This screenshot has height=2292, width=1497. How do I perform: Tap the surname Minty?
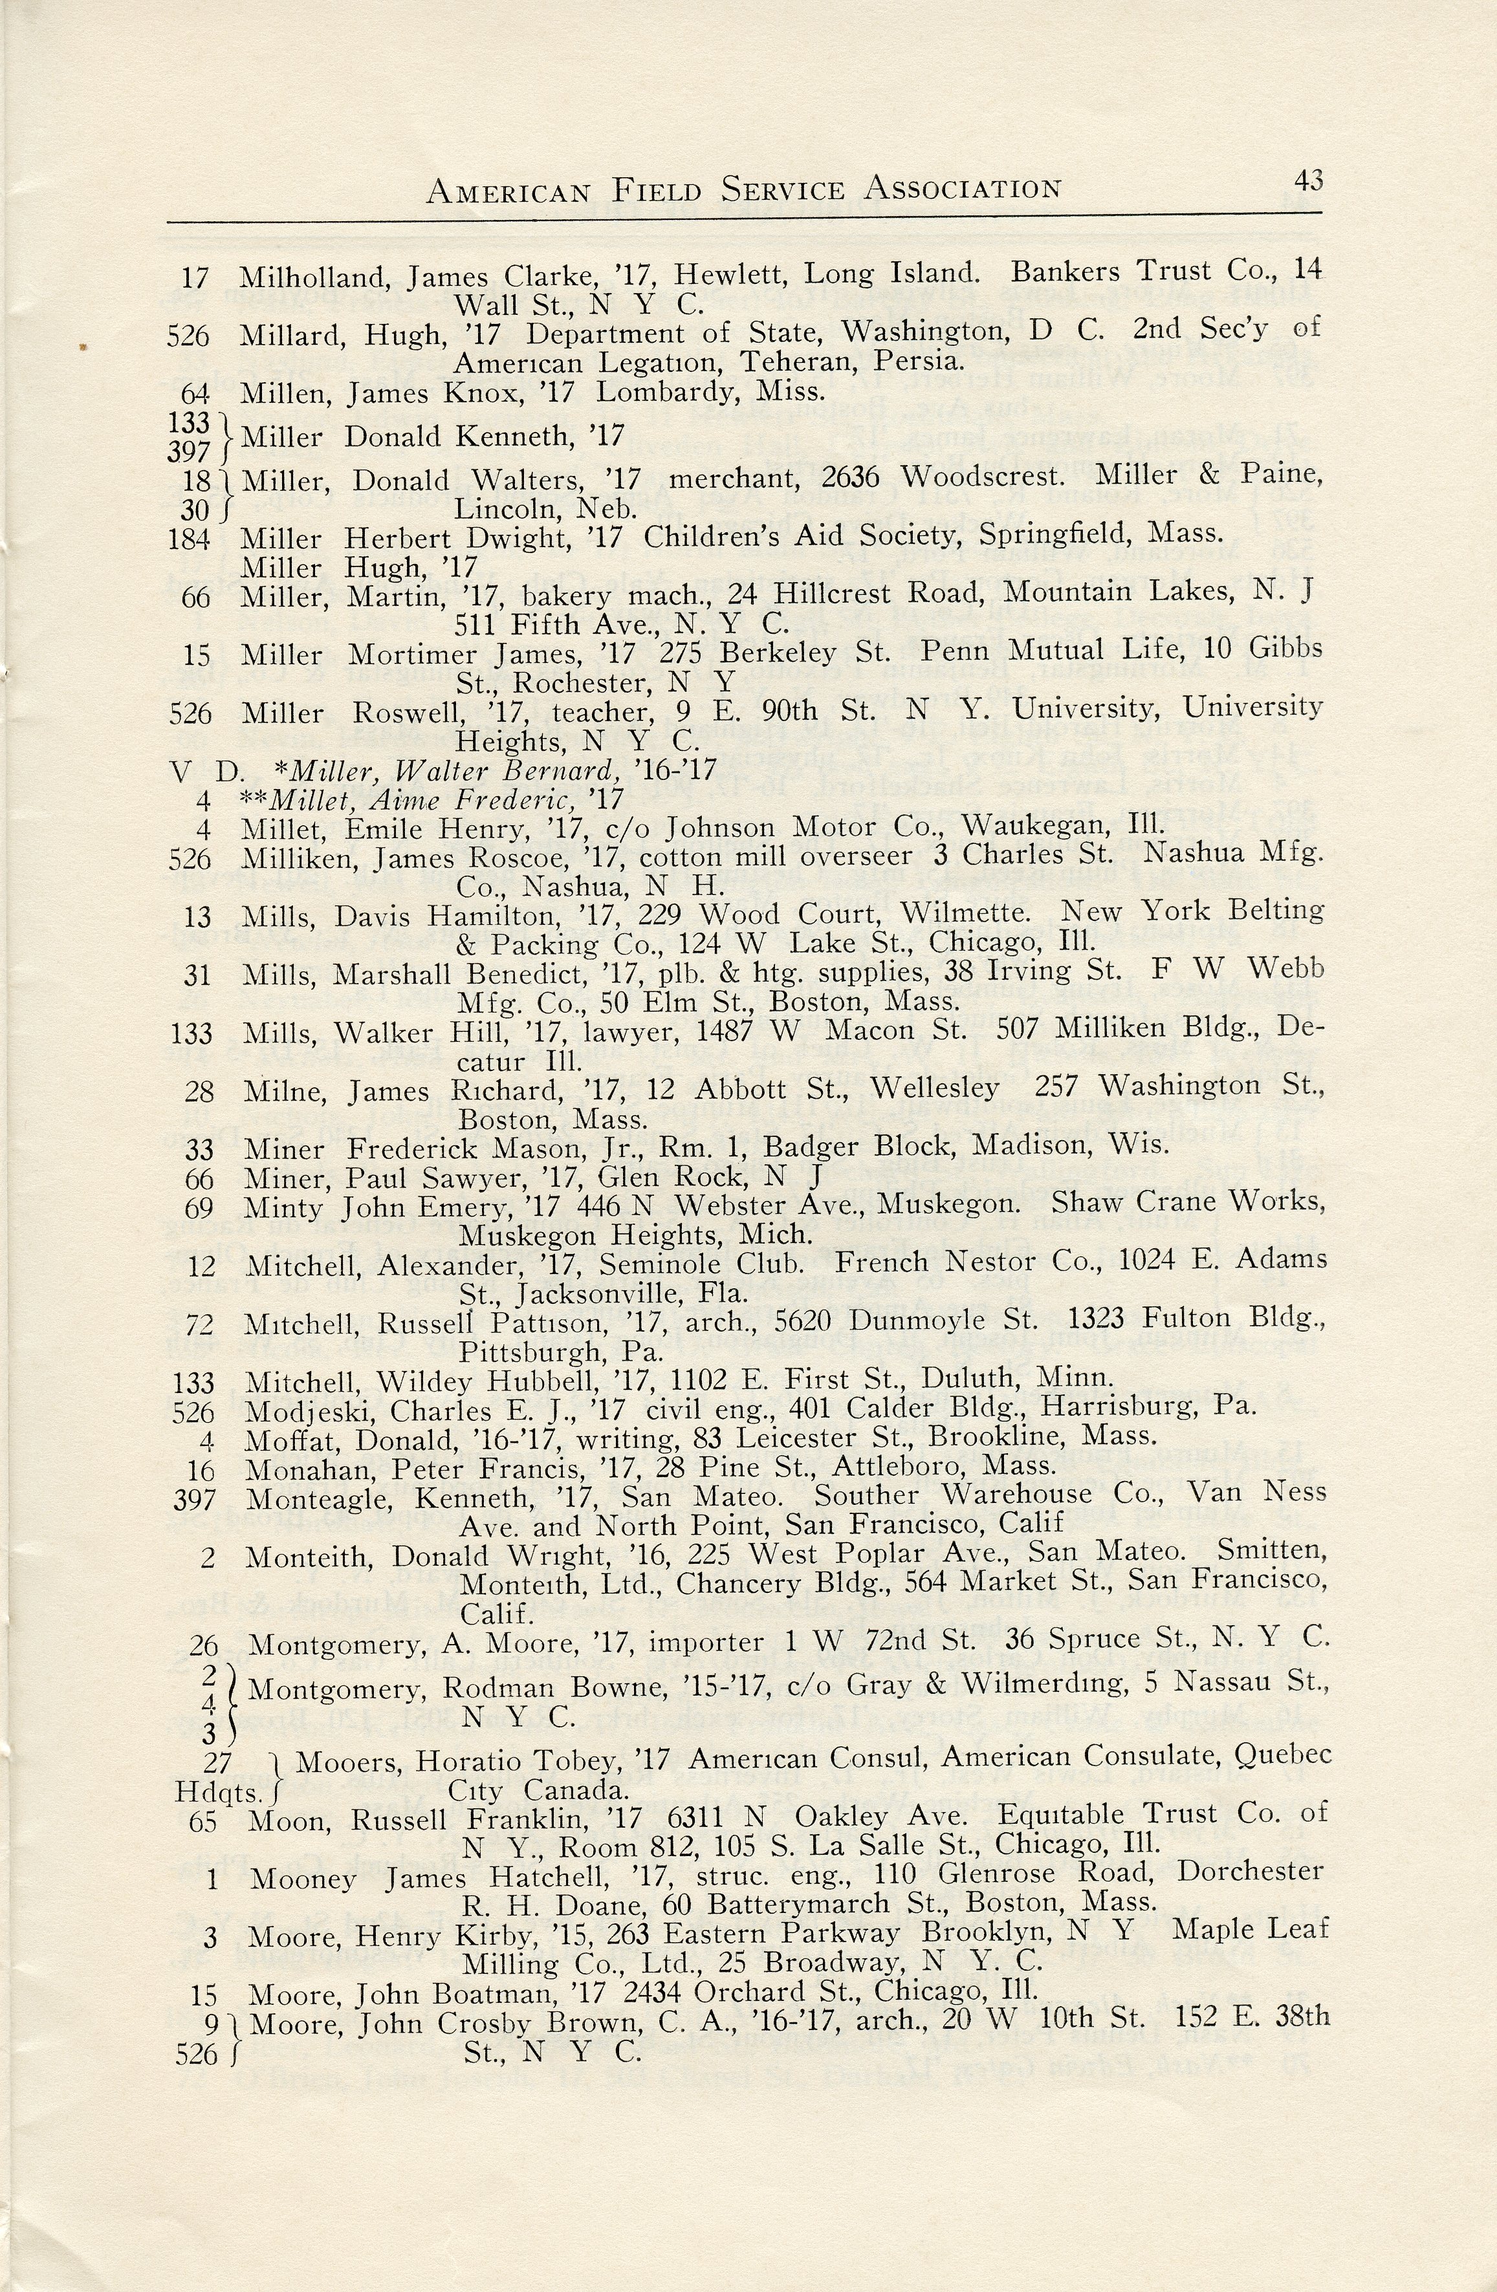(283, 1207)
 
